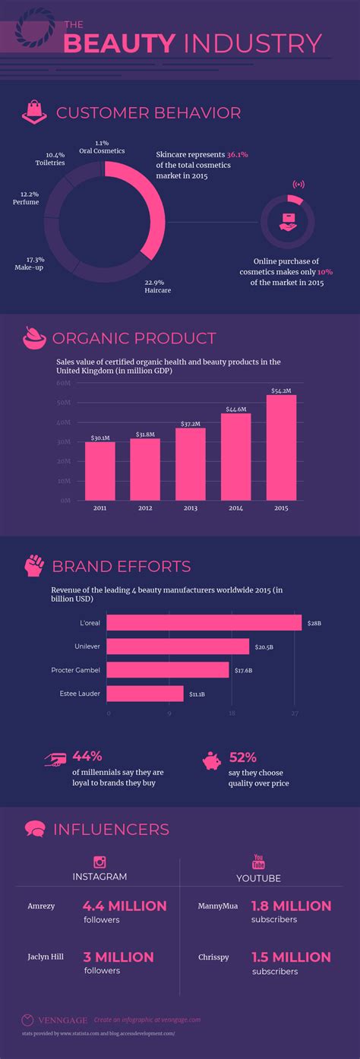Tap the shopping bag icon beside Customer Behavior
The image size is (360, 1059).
(33, 113)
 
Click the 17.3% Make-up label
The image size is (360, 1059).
(30, 264)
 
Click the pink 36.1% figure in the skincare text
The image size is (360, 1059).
(237, 153)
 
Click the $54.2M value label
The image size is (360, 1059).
(281, 390)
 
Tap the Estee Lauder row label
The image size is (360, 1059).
(80, 694)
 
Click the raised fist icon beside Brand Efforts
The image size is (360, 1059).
(33, 565)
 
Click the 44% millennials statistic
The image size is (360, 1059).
(87, 756)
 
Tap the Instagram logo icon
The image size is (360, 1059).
(99, 861)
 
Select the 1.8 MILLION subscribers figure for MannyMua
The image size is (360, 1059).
(292, 906)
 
